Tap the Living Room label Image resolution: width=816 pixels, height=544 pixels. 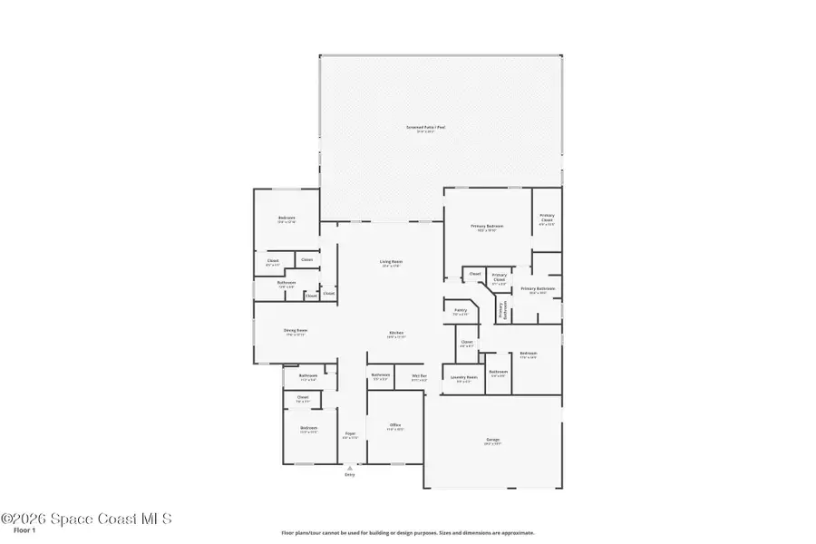pos(391,262)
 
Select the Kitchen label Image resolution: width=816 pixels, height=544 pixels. pos(396,333)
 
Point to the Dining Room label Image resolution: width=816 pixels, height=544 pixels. pos(296,330)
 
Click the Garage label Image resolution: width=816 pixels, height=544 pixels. pos(492,441)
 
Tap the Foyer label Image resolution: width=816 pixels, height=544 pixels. pos(350,433)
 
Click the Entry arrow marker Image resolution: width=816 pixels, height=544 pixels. pos(350,468)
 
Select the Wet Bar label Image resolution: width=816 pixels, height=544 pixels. pos(419,375)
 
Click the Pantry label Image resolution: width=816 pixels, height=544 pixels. pos(460,310)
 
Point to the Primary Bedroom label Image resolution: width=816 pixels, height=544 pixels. pos(487,226)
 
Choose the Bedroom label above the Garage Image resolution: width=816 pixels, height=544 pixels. pos(528,354)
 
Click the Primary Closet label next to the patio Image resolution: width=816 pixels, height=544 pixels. pos(547,219)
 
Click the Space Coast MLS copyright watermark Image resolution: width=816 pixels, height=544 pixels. pos(86,519)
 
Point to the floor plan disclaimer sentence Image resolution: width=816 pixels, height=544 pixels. pos(407,533)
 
